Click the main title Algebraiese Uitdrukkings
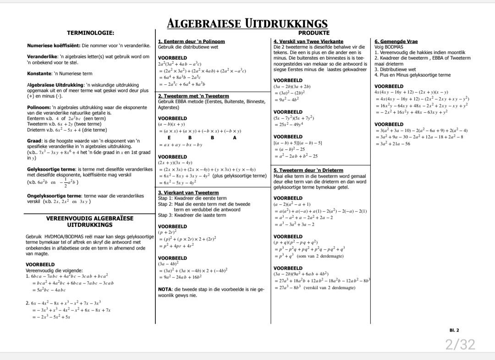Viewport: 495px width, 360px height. [247, 23]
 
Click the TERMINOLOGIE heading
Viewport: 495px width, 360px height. [90, 33]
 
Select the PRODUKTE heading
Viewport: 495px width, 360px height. [313, 33]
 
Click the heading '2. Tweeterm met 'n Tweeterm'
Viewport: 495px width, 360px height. [193, 96]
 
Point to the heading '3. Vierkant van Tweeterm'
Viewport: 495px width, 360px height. [188, 193]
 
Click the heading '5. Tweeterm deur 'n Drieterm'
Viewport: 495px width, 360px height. [308, 170]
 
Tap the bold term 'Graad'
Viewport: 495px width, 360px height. [34, 141]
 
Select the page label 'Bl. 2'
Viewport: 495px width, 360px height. [454, 330]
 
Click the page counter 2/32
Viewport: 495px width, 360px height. [460, 344]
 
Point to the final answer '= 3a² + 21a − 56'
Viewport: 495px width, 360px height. [393, 144]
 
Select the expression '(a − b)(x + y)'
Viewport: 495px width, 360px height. [172, 124]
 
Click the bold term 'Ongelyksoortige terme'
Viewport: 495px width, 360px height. [54, 196]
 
